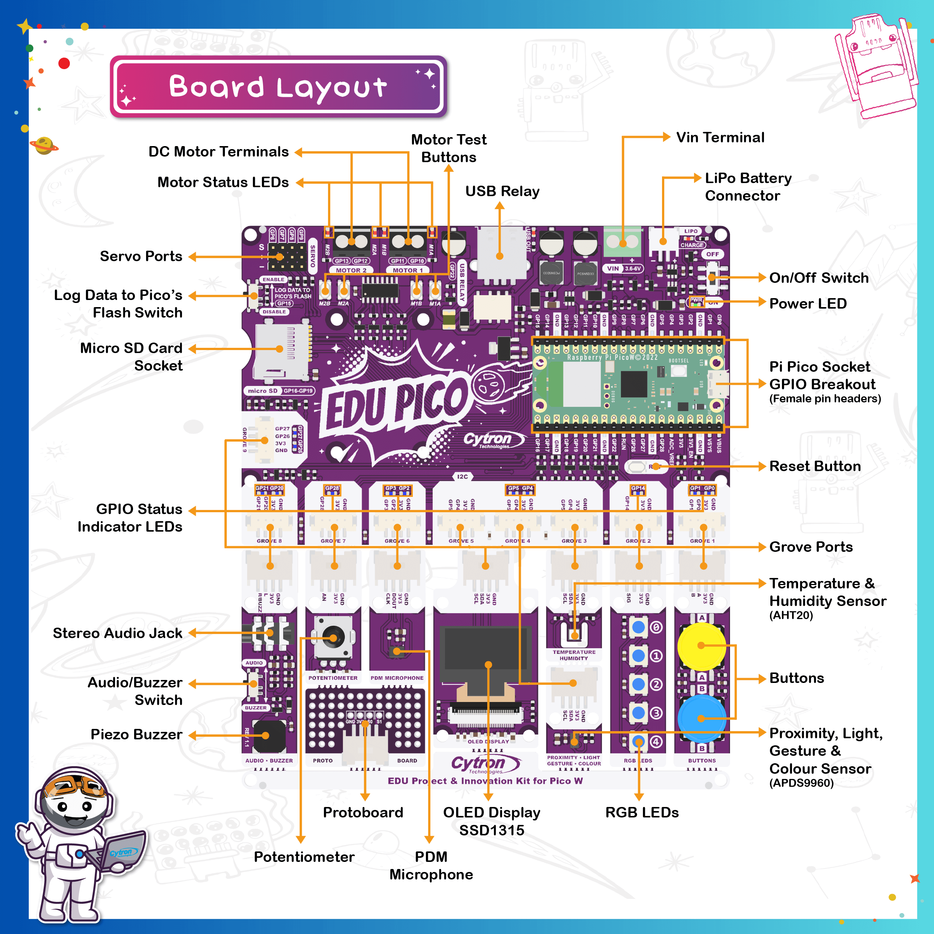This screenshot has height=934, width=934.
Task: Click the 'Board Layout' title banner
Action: coord(278,87)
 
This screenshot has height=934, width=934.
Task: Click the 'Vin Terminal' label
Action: coord(720,138)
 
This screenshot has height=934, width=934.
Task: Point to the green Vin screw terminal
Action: coord(623,242)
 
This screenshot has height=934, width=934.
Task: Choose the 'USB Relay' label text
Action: coord(502,191)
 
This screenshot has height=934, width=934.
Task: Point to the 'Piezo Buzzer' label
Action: coord(136,735)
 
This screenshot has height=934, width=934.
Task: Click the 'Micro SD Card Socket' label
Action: coord(132,357)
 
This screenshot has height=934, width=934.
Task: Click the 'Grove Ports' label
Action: coord(811,547)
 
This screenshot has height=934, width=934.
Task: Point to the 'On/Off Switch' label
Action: coord(819,278)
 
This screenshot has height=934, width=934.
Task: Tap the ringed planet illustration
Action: coord(44,145)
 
